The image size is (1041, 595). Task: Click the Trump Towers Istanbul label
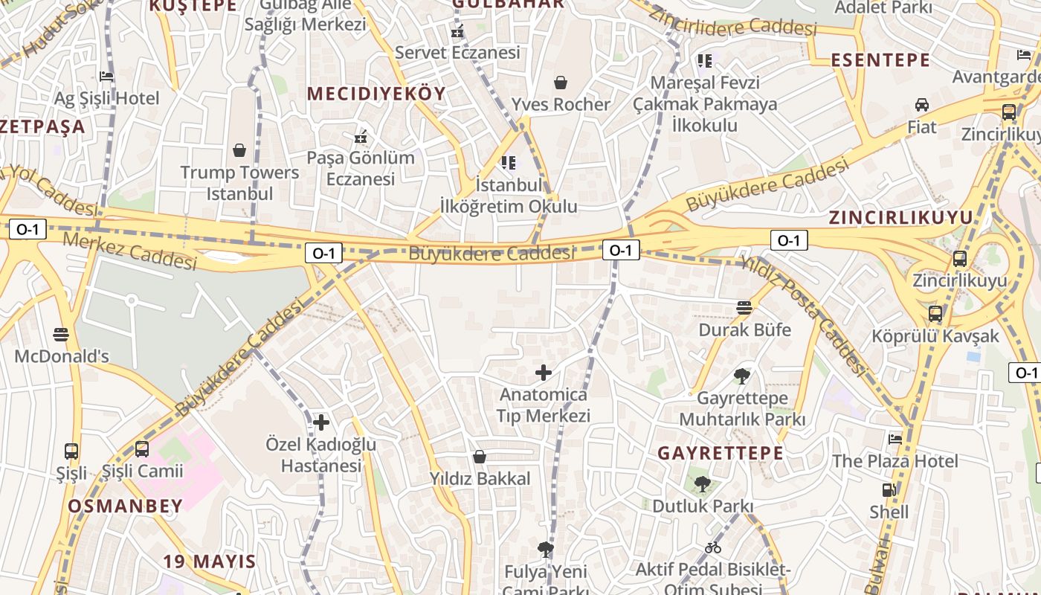(239, 183)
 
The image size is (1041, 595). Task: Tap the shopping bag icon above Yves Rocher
(561, 83)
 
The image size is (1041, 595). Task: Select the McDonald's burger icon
(62, 335)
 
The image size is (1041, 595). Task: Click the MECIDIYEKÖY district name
(376, 94)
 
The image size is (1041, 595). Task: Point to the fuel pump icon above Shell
(889, 490)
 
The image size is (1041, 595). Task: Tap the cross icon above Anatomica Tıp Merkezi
(544, 373)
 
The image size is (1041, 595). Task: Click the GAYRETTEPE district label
(721, 453)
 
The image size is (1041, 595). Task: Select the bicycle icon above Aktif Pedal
(713, 548)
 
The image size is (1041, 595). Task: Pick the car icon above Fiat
(922, 105)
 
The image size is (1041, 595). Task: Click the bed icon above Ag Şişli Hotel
(106, 76)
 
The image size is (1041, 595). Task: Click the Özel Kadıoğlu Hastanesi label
(321, 455)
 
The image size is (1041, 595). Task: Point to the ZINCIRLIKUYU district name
(900, 218)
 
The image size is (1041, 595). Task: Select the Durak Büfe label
(744, 329)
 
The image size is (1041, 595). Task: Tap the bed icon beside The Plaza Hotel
(895, 439)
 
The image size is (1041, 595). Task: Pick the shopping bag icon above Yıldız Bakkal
(480, 457)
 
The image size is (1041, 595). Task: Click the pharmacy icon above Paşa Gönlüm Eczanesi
(361, 137)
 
